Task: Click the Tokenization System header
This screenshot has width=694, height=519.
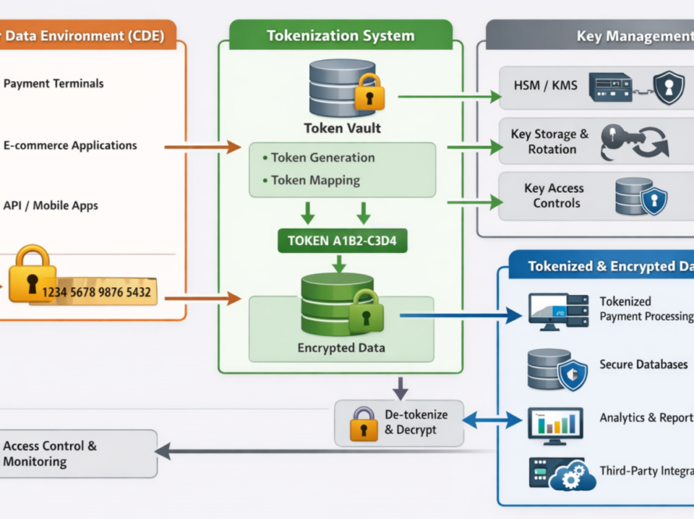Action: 340,35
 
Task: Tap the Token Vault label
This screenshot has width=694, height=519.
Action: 342,129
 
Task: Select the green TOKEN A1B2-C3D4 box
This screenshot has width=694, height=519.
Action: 342,241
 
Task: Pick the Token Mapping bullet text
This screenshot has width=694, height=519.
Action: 315,180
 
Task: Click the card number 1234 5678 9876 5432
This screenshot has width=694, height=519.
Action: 96,292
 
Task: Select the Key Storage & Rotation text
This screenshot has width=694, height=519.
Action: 549,142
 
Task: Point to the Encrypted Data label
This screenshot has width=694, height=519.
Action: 341,348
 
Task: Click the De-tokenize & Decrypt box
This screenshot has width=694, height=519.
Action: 399,423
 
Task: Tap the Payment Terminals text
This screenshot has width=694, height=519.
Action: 53,84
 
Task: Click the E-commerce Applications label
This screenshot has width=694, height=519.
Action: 70,145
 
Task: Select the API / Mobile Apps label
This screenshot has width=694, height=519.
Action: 51,206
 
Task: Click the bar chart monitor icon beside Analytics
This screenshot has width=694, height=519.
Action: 555,424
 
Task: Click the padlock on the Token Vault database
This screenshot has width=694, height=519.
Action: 369,93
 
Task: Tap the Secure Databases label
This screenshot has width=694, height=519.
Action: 643,364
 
